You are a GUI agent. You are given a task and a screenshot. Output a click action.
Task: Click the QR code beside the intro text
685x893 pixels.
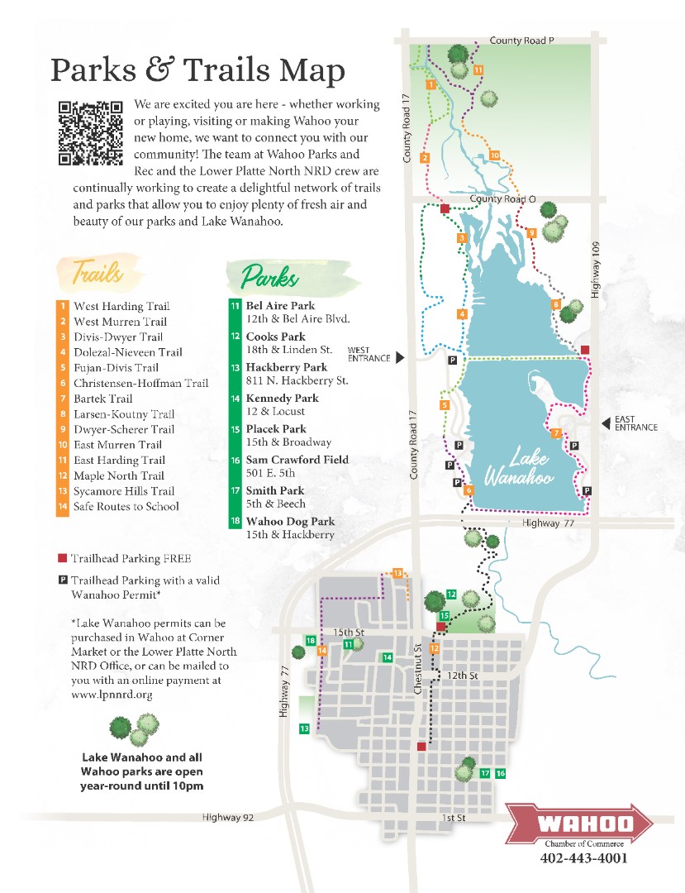click(91, 132)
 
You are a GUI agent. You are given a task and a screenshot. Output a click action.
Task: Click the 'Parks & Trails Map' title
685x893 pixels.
click(197, 71)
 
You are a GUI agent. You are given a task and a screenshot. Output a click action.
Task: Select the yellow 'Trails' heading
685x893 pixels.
click(98, 272)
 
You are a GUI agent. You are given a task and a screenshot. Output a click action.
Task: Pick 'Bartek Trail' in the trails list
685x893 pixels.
click(102, 399)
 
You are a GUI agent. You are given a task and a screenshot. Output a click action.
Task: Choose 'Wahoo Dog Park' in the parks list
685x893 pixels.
click(290, 521)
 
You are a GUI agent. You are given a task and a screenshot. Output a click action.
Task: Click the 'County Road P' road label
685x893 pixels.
click(521, 40)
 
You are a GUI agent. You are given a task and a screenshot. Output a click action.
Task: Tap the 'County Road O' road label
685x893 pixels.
click(502, 199)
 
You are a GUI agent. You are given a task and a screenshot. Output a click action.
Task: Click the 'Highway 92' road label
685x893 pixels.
click(229, 817)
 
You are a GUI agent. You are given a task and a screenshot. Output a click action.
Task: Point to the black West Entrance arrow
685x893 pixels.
click(400, 357)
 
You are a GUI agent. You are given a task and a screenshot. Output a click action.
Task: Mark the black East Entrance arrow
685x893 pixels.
click(605, 423)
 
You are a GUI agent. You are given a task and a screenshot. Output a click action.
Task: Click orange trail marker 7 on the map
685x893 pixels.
click(556, 433)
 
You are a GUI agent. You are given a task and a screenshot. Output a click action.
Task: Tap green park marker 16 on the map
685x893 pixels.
click(501, 773)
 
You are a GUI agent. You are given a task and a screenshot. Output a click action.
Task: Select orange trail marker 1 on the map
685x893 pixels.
click(431, 84)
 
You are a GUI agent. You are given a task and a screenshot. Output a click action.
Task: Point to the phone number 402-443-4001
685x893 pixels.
click(583, 858)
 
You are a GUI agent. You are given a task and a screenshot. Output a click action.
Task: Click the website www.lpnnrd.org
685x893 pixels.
click(112, 695)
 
